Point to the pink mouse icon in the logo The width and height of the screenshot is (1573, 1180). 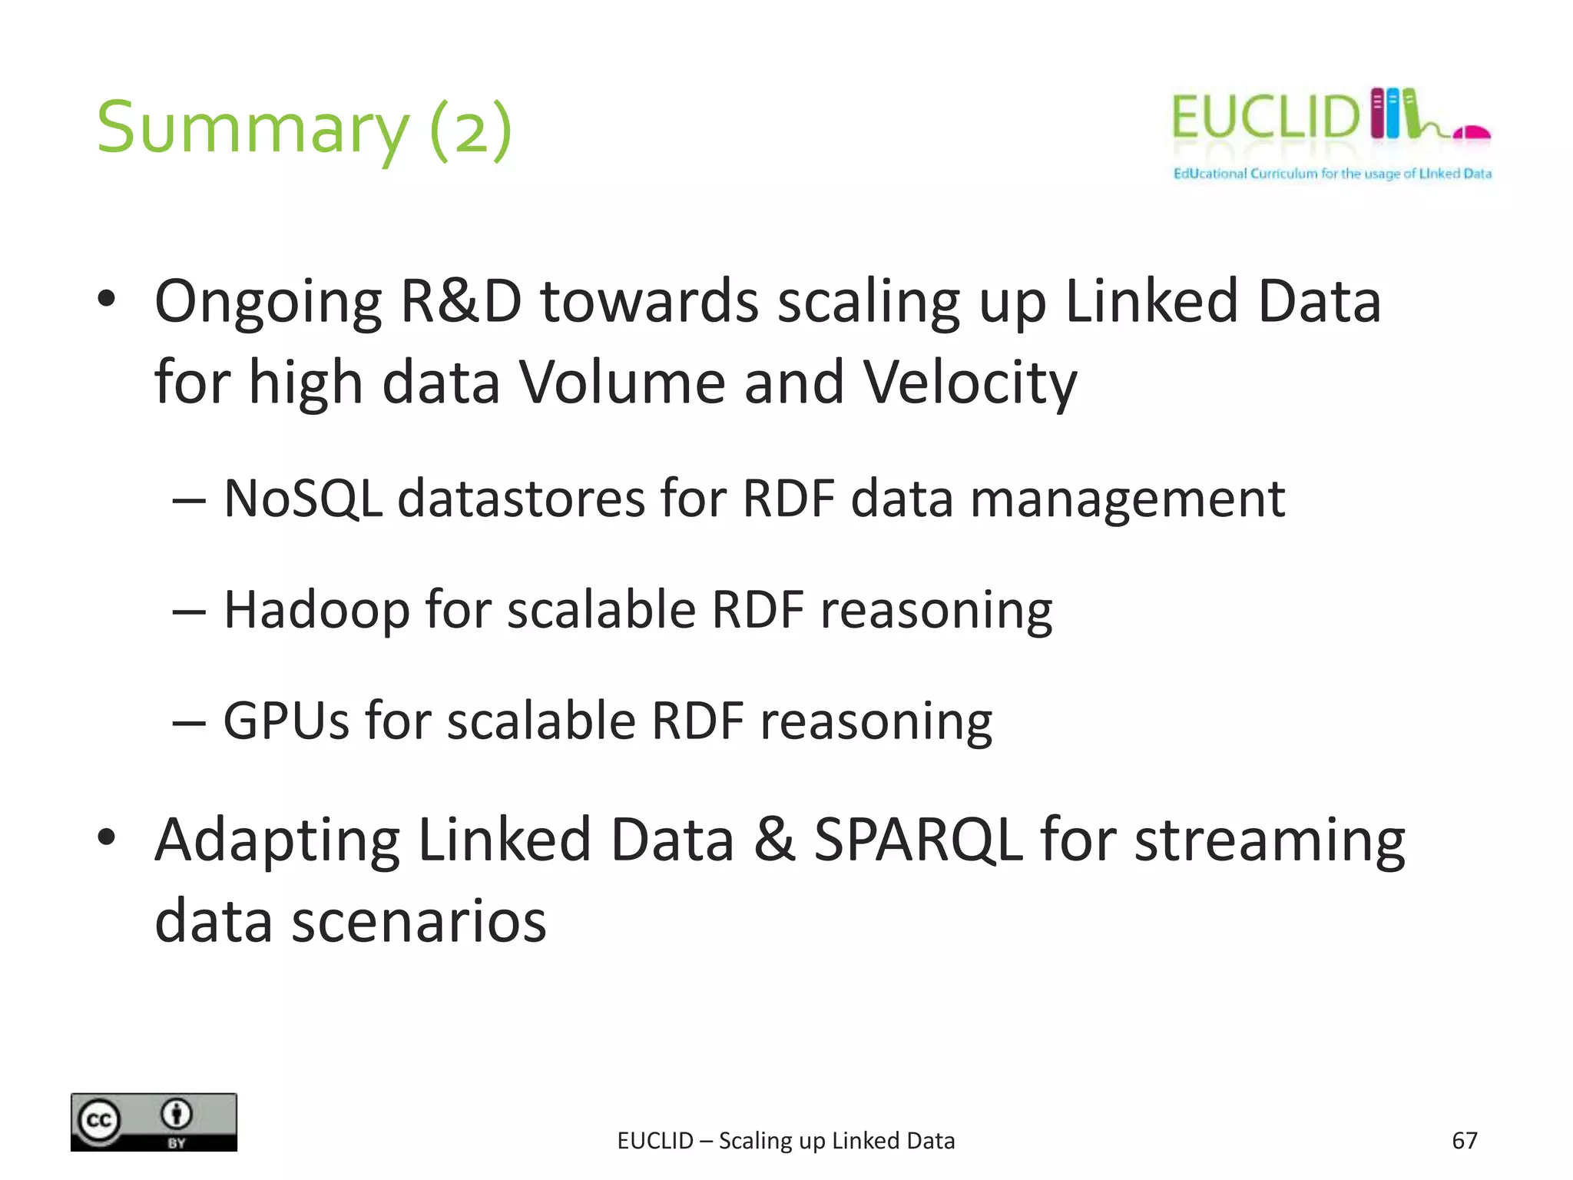(1472, 134)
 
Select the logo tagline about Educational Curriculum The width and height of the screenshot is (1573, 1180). (1332, 174)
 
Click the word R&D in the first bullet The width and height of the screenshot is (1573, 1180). (460, 301)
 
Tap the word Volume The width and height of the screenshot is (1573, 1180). (622, 383)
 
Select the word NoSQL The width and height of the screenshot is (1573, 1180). (303, 499)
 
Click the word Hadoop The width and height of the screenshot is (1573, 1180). (316, 611)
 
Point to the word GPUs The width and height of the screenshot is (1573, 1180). (286, 721)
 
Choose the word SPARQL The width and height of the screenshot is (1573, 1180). (918, 840)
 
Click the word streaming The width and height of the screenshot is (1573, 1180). (1270, 841)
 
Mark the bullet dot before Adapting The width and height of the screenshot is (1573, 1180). (107, 838)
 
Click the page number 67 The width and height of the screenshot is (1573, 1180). (1464, 1141)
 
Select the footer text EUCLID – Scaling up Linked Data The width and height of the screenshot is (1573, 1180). (786, 1141)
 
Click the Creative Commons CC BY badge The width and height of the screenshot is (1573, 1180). (154, 1122)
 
